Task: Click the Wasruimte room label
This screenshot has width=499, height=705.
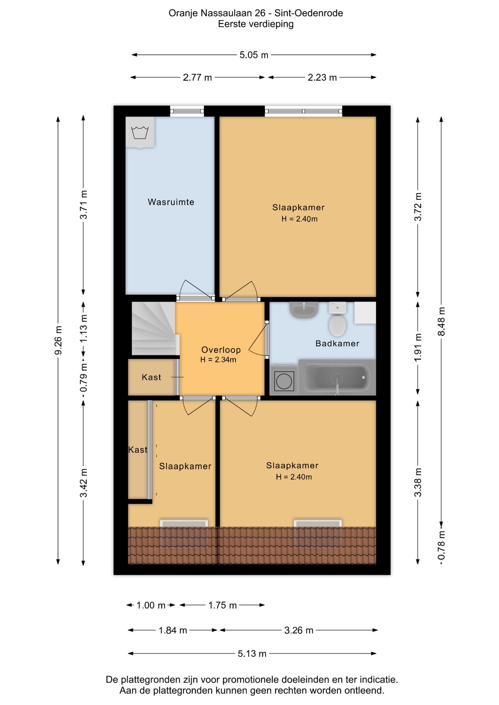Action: click(171, 202)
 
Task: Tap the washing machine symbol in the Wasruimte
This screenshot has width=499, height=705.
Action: click(140, 132)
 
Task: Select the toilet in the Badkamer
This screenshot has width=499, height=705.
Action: click(337, 319)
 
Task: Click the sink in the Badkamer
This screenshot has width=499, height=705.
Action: click(304, 310)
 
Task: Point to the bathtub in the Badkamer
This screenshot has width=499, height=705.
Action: click(337, 377)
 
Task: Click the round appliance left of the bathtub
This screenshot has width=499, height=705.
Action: click(284, 380)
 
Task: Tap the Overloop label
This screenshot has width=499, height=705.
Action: click(221, 350)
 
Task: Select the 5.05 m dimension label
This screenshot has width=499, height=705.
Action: click(254, 55)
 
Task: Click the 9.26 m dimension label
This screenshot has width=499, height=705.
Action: click(58, 340)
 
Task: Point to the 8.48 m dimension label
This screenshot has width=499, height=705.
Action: click(442, 321)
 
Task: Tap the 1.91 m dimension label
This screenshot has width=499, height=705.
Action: click(418, 347)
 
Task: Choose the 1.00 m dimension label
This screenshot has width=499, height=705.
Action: click(151, 605)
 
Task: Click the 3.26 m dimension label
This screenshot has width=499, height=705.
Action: click(299, 630)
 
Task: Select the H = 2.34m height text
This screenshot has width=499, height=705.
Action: click(218, 360)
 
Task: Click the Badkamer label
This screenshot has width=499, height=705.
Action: click(337, 344)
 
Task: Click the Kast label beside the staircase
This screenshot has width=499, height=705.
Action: click(151, 377)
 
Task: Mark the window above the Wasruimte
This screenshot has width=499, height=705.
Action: click(187, 111)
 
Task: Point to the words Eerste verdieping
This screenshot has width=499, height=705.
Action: click(256, 24)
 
